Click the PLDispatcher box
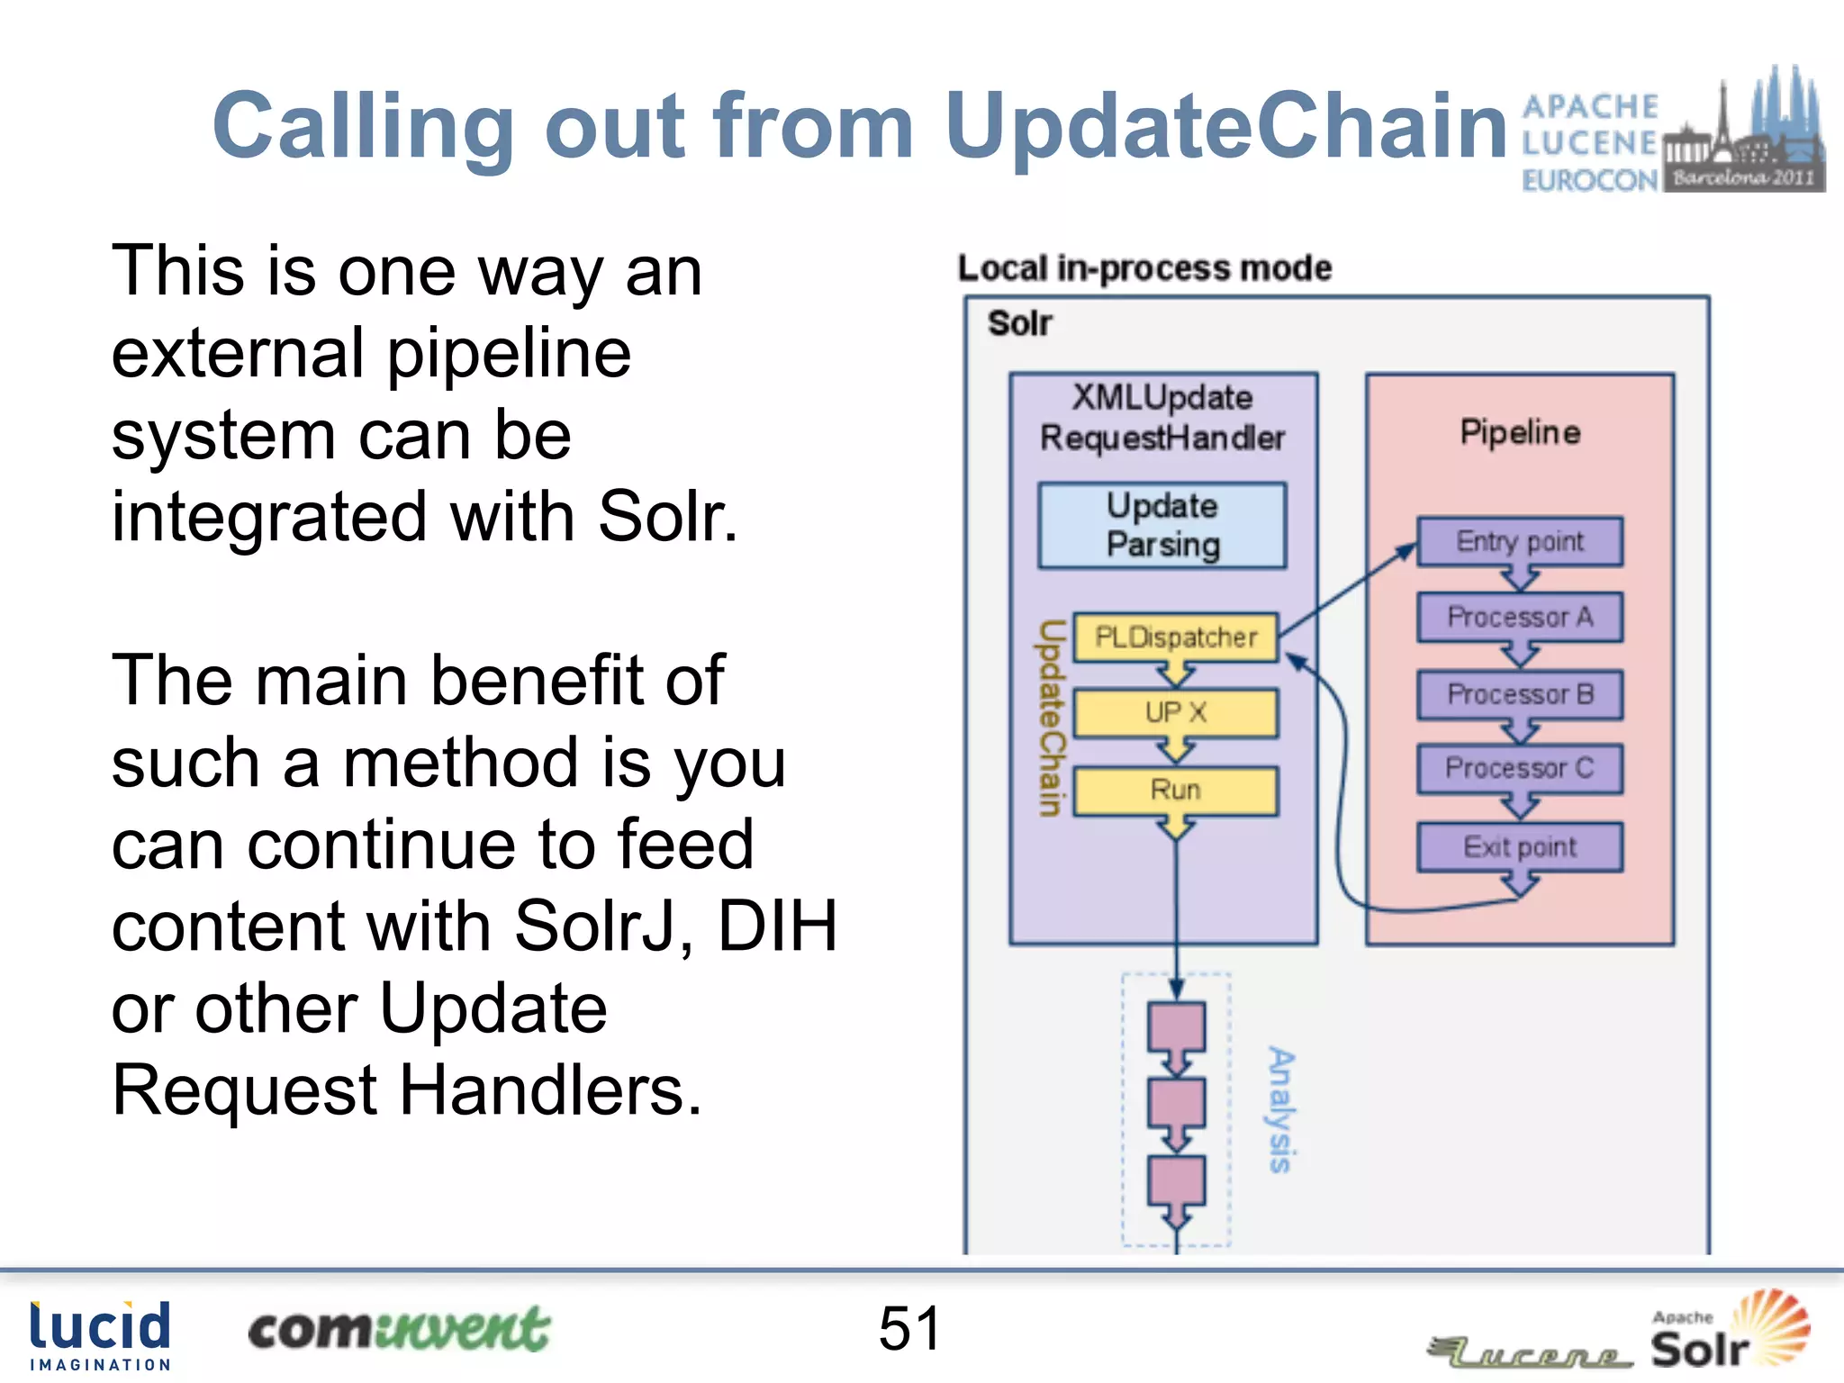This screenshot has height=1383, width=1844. point(1176,637)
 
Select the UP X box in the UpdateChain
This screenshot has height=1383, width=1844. point(1176,713)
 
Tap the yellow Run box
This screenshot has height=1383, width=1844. point(1176,791)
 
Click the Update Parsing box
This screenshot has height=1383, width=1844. point(1162,526)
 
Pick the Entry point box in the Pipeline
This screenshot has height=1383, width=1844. point(1520,541)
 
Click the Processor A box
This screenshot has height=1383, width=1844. point(1520,618)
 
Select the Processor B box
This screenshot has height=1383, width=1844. point(1520,694)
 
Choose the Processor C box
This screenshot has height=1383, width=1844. point(1520,768)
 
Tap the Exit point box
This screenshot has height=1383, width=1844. point(1520,847)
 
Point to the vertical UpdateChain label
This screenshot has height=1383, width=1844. point(1050,718)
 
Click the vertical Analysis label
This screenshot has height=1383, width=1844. point(1280,1109)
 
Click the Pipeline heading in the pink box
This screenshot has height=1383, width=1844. point(1520,432)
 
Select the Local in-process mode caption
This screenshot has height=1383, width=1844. point(1144,268)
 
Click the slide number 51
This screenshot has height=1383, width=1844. point(909,1329)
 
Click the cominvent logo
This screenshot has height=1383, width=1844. point(398,1330)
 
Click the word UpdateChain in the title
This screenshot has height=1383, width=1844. point(1225,126)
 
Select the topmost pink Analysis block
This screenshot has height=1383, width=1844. point(1176,1027)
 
